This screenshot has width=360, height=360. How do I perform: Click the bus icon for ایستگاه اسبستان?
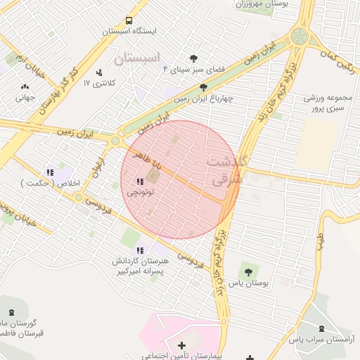pyautogui.click(x=129, y=20)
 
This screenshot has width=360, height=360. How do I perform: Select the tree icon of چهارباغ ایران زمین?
pyautogui.click(x=203, y=88)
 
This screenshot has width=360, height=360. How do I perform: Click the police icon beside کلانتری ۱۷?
pyautogui.click(x=99, y=72)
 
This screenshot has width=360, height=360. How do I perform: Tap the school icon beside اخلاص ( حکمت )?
pyautogui.click(x=49, y=172)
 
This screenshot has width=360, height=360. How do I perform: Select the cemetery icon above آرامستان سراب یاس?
pyautogui.click(x=322, y=328)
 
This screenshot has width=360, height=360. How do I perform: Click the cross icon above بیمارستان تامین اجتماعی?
pyautogui.click(x=182, y=345)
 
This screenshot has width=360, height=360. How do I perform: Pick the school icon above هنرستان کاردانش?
pyautogui.click(x=140, y=250)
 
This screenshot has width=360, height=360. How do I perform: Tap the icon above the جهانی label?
pyautogui.click(x=25, y=87)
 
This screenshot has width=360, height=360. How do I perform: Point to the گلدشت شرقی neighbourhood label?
pyautogui.click(x=226, y=170)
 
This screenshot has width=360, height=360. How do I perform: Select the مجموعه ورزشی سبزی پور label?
pyautogui.click(x=328, y=104)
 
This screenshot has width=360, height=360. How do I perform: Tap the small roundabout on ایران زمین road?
pyautogui.click(x=115, y=140)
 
